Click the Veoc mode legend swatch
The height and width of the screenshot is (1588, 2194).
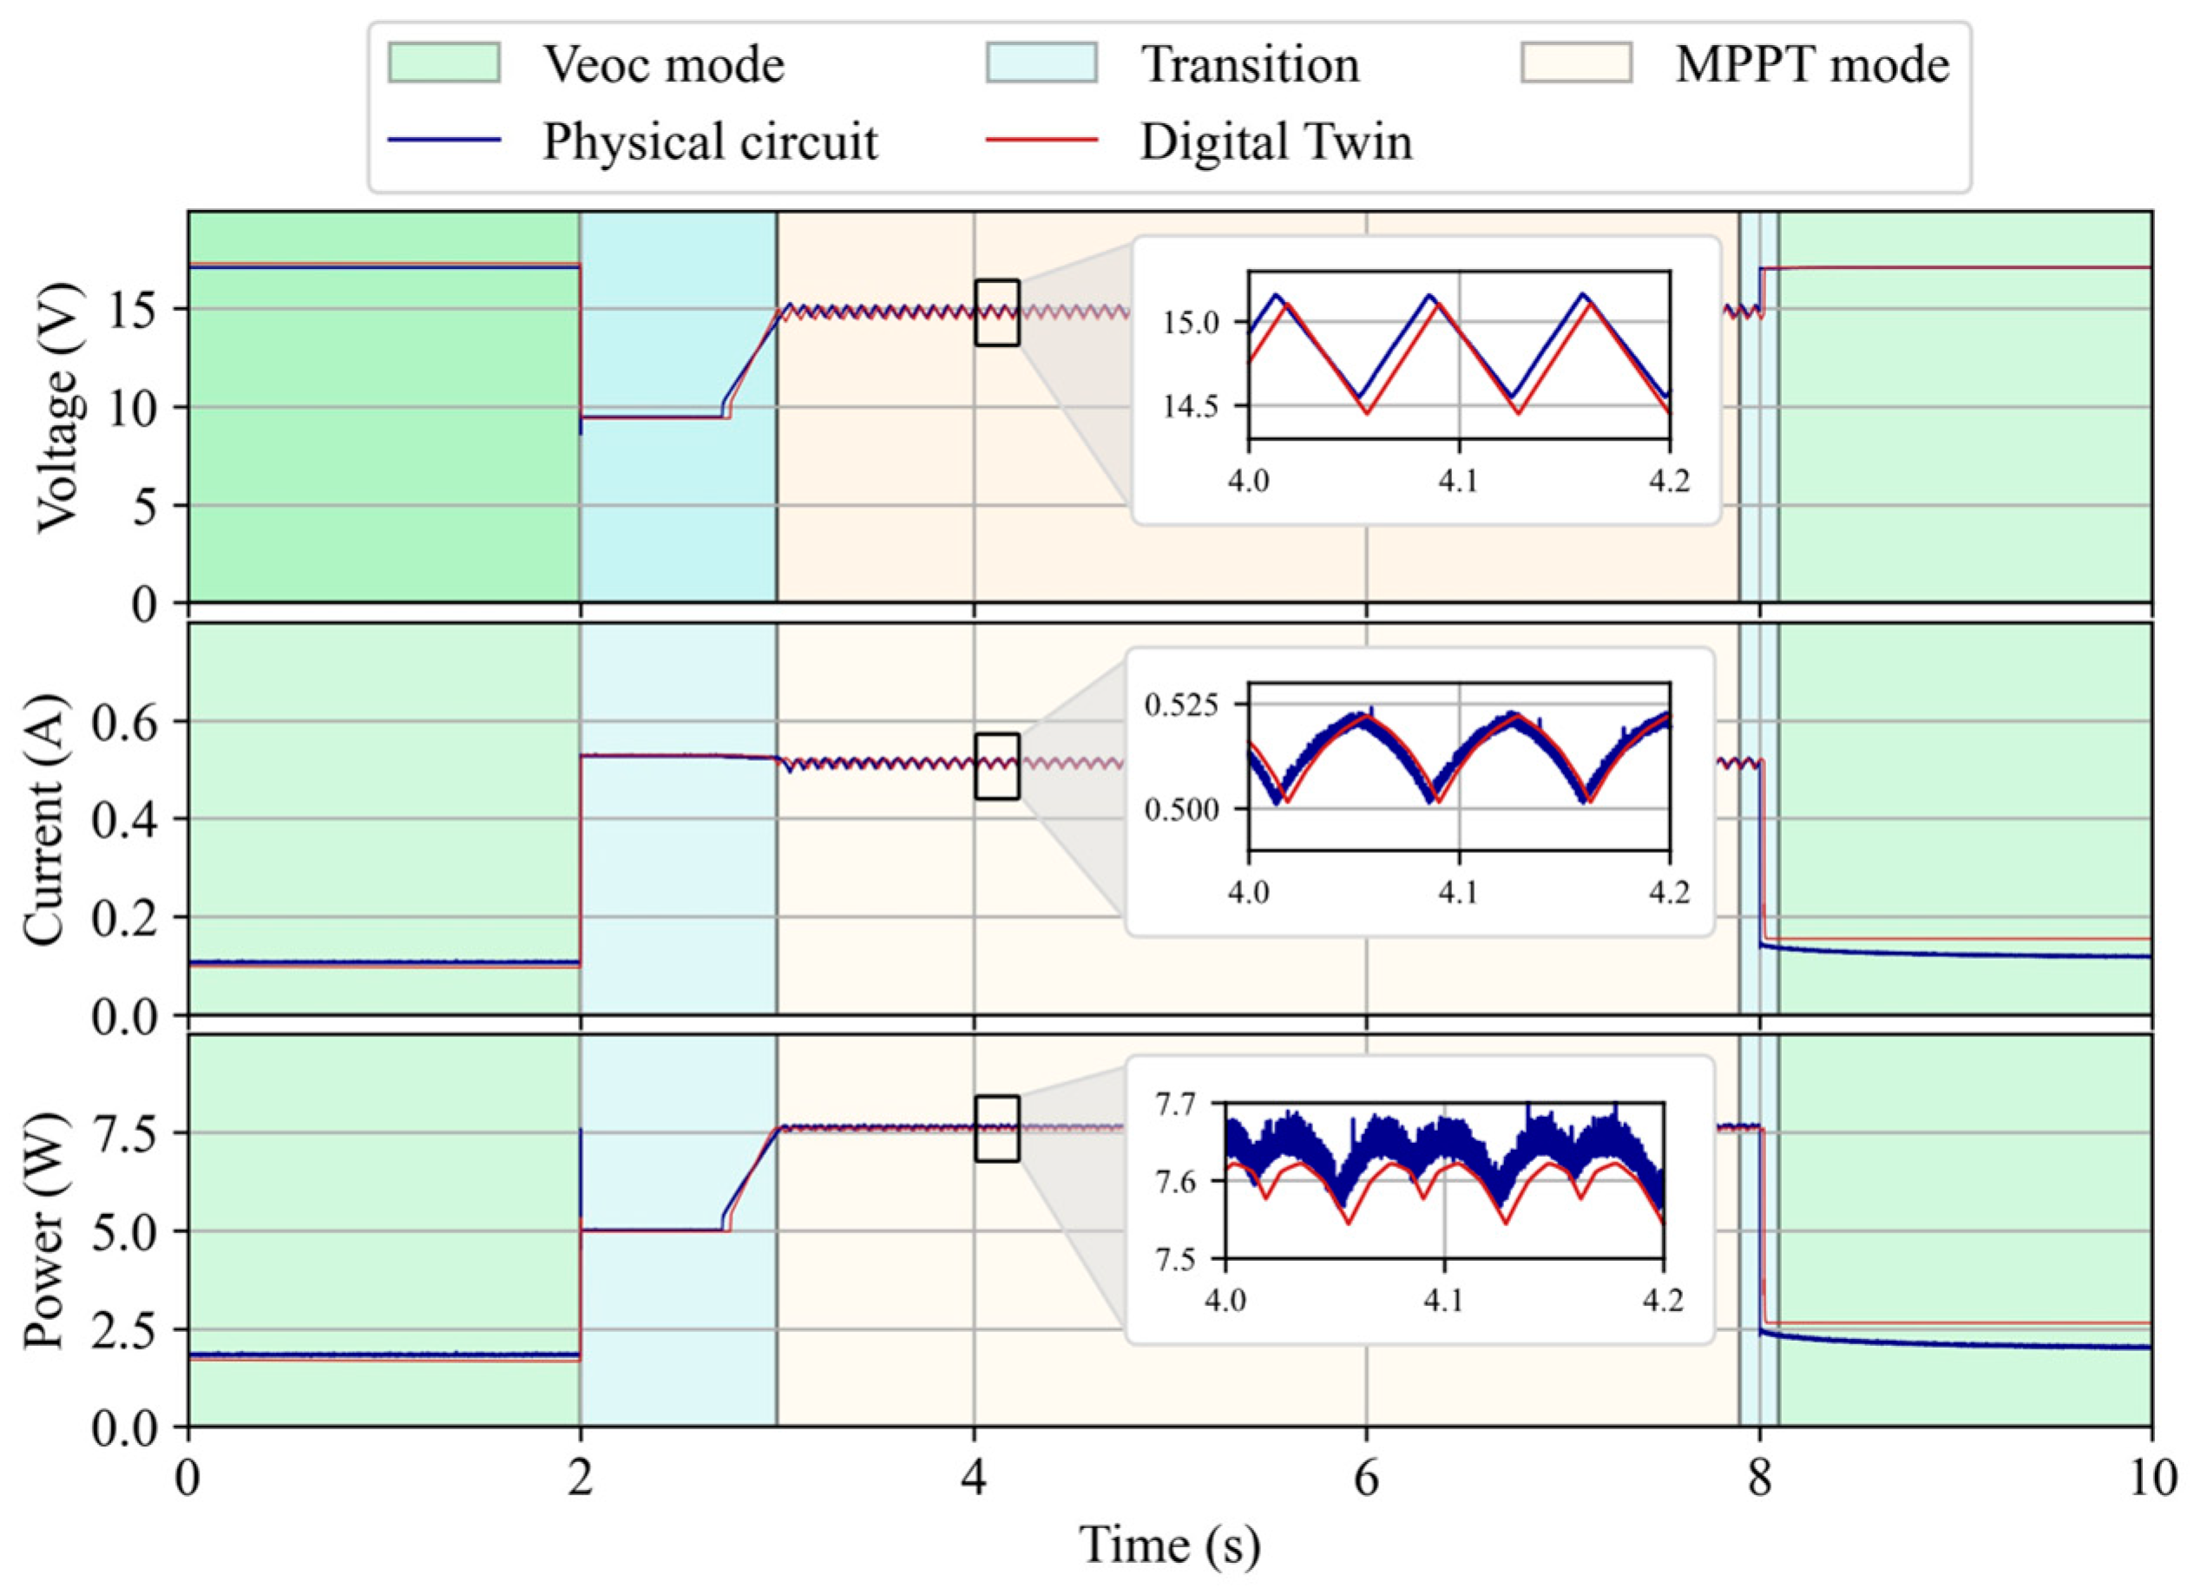click(x=443, y=65)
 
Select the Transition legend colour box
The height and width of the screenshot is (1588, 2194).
click(x=1041, y=65)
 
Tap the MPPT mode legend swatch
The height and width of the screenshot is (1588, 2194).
click(x=1576, y=65)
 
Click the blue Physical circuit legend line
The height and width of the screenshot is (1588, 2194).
click(x=443, y=141)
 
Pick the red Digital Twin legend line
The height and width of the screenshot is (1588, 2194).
click(x=1041, y=141)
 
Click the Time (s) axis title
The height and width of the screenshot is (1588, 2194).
click(x=1170, y=1545)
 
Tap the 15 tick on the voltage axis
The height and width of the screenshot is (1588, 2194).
click(x=146, y=310)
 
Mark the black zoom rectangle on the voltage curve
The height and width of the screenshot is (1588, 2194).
click(x=996, y=312)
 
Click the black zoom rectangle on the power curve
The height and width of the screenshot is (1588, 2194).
click(x=996, y=1128)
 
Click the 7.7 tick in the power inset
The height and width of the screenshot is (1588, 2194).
click(x=1182, y=1103)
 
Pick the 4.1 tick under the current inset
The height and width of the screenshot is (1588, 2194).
click(x=1459, y=892)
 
